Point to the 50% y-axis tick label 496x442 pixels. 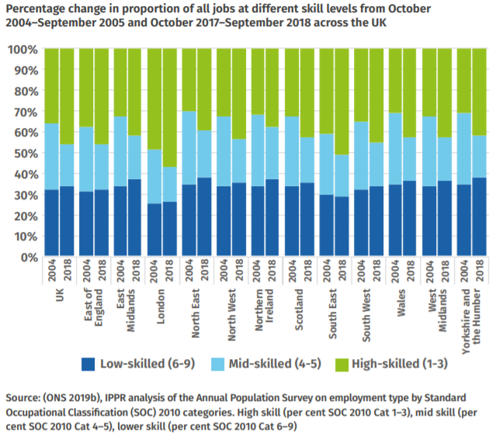pos(22,154)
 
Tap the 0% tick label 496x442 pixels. pos(25,257)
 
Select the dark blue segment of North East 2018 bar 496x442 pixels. pos(204,217)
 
